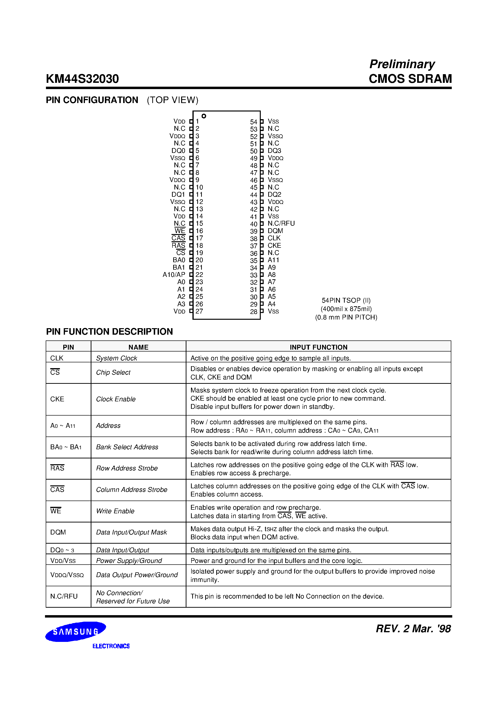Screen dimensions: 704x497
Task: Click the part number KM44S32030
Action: [82, 79]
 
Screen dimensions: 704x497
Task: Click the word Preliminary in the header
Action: [402, 64]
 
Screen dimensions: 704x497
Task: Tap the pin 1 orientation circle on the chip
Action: [204, 116]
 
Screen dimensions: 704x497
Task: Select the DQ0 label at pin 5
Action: [178, 150]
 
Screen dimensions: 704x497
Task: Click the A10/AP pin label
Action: [174, 274]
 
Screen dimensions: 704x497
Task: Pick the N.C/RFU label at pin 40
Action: [281, 223]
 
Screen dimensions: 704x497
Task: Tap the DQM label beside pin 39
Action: [275, 231]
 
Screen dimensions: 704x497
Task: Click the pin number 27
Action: [199, 311]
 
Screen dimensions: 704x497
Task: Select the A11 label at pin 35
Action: [273, 260]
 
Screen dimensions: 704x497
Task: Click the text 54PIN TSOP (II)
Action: [346, 300]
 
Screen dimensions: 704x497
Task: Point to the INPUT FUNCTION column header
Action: [318, 347]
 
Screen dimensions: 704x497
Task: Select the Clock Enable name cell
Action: [116, 399]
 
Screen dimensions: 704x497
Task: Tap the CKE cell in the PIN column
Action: [57, 399]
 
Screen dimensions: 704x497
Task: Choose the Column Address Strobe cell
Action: [132, 490]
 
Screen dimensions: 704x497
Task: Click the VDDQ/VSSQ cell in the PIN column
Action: [67, 575]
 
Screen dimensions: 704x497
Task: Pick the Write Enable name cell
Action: [115, 511]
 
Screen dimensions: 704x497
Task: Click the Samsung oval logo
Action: [76, 631]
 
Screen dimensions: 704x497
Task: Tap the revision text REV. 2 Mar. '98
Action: [413, 629]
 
